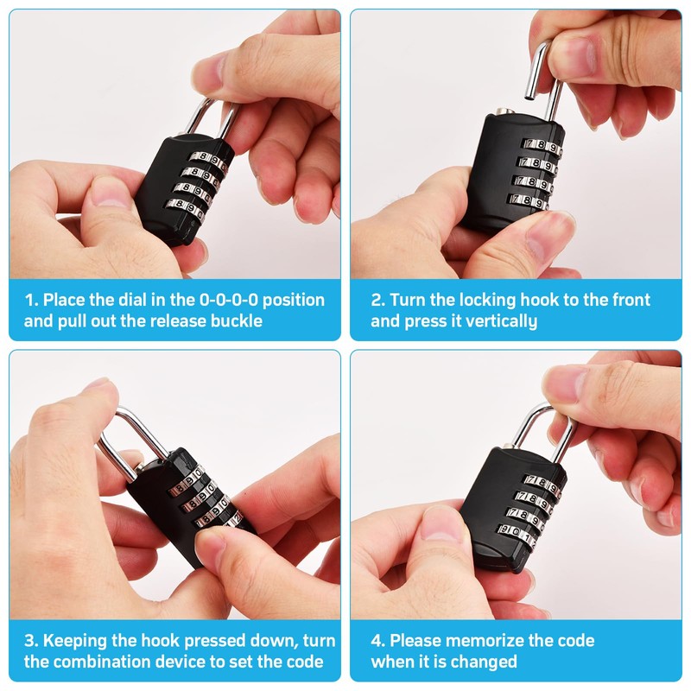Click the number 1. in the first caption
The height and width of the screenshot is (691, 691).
click(x=32, y=301)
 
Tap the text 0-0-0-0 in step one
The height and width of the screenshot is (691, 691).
click(x=229, y=301)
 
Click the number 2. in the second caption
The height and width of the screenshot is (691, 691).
click(x=378, y=301)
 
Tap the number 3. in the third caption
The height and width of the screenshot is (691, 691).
click(x=32, y=641)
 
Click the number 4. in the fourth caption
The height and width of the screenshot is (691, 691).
click(x=378, y=641)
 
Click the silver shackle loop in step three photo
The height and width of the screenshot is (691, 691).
click(x=130, y=436)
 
